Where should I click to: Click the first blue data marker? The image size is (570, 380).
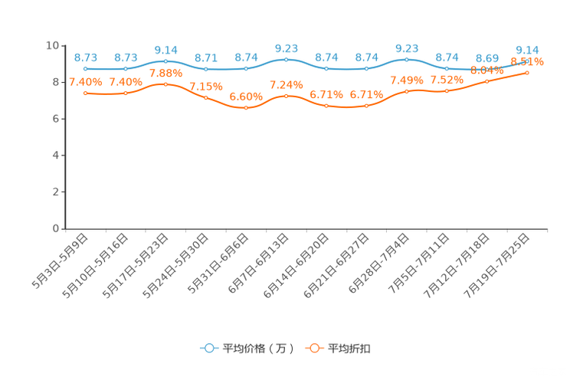click(x=86, y=69)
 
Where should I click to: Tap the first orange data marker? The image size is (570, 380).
click(x=86, y=93)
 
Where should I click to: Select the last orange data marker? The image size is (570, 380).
click(x=527, y=72)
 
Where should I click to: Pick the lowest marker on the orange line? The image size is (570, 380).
click(x=246, y=109)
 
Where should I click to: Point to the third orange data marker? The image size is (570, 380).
click(x=165, y=84)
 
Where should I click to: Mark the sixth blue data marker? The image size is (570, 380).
click(x=287, y=58)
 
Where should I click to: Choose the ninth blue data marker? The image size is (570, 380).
click(x=407, y=59)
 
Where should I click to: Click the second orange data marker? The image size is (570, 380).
click(x=126, y=93)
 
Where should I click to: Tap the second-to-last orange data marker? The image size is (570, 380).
click(x=487, y=80)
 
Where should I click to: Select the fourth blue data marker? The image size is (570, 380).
click(x=206, y=69)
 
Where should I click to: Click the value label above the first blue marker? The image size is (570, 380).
click(x=86, y=57)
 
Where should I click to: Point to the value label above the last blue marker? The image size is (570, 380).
click(x=527, y=48)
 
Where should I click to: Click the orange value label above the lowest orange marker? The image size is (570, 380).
click(x=246, y=97)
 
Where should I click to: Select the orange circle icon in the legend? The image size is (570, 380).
click(x=313, y=348)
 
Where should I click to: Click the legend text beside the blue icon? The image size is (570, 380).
click(x=257, y=349)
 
